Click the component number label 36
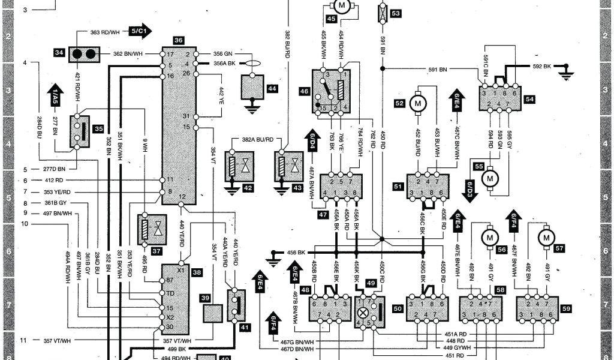coord(179,40)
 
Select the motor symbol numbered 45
coord(342,7)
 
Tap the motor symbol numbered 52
coord(417,103)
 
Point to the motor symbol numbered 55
coord(491,178)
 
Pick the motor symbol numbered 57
coord(546,238)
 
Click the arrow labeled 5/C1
coord(139,31)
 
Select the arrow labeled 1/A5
coord(54,95)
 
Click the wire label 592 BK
coord(542,66)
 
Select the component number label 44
coord(272,89)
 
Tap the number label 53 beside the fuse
coord(396,13)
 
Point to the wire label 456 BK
coord(296,252)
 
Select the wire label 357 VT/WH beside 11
coord(57,341)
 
